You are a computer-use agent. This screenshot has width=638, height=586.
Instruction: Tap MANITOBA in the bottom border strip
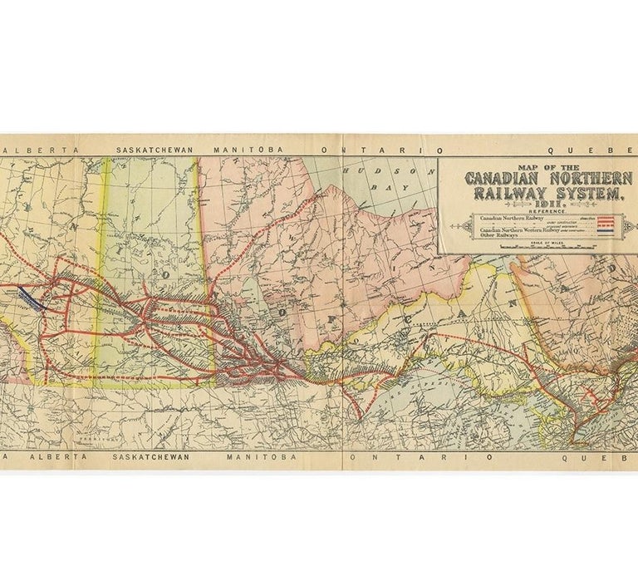[243, 457]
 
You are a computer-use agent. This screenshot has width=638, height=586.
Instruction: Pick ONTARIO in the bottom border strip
[395, 457]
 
